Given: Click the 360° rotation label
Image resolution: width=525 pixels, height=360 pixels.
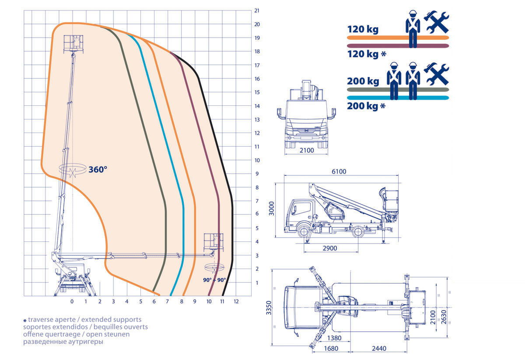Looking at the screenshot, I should coord(98,169).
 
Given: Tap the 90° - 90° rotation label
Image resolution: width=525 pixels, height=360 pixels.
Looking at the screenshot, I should coord(214,280).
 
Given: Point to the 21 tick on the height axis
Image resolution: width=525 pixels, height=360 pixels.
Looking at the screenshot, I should coord(257,10).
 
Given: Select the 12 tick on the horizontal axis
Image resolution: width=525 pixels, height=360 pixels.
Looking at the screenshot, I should coord(236,301).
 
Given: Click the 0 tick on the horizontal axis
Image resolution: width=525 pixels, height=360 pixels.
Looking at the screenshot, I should coord(72,301).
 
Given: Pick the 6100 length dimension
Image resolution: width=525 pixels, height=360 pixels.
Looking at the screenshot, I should coord(339,171).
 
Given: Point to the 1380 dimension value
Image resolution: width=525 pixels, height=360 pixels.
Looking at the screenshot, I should coord(334,338).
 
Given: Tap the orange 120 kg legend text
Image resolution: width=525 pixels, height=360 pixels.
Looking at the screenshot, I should coord(363,30).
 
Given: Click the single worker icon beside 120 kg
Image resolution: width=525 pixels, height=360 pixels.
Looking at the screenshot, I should coord(412,28).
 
